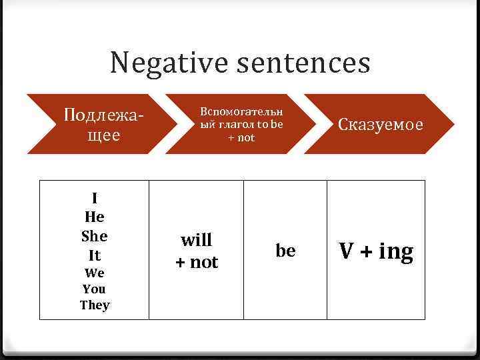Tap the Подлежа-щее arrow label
pyautogui.click(x=103, y=125)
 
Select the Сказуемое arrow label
pyautogui.click(x=381, y=125)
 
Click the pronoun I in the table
pyautogui.click(x=95, y=198)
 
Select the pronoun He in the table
pyautogui.click(x=95, y=217)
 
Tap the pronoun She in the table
pyautogui.click(x=95, y=236)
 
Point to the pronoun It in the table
pyautogui.click(x=95, y=255)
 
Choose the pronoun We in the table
pyautogui.click(x=95, y=273)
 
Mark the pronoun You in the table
pyautogui.click(x=95, y=289)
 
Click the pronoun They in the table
pyautogui.click(x=95, y=305)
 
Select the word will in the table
pyautogui.click(x=197, y=239)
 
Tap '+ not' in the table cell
pyautogui.click(x=197, y=262)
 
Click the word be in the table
pyautogui.click(x=285, y=251)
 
